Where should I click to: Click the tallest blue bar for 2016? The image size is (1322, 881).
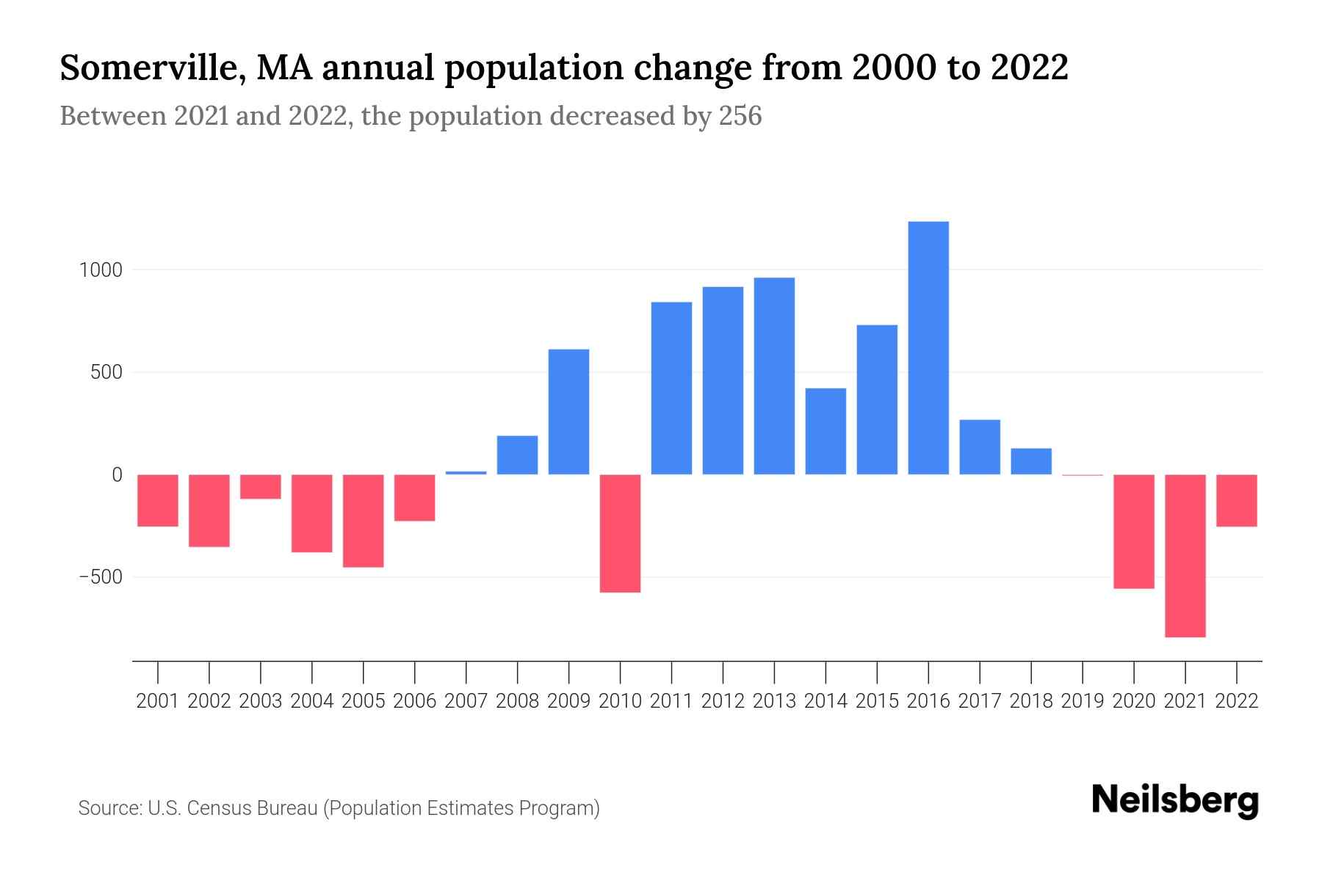[x=928, y=348]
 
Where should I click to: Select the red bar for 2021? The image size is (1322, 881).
[x=1185, y=556]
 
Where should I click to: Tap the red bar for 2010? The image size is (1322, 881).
[x=620, y=534]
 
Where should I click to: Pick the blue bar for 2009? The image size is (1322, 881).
[x=568, y=412]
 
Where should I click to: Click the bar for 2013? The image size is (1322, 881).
[x=774, y=376]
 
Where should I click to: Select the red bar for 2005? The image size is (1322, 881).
[x=363, y=521]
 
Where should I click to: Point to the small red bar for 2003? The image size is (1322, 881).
[x=260, y=487]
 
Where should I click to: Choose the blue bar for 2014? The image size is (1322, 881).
[x=826, y=431]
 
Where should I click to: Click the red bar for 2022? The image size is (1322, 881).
[x=1237, y=501]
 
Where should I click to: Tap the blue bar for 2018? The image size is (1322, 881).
[x=1031, y=461]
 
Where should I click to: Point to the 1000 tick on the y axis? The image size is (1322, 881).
[x=101, y=270]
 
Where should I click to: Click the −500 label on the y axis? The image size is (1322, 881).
[x=101, y=577]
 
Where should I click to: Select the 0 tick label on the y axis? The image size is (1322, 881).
[x=117, y=475]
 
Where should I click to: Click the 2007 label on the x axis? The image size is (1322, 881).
[x=466, y=701]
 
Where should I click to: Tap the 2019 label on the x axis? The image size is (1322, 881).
[x=1083, y=701]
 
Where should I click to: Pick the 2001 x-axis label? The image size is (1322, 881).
[x=158, y=701]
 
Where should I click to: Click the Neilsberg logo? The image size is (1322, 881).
[x=1175, y=800]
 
